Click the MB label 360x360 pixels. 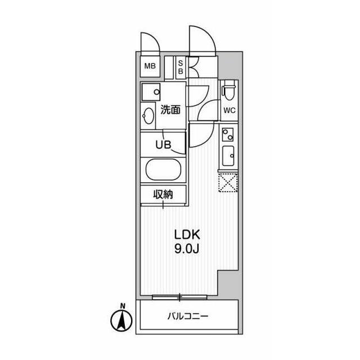150,66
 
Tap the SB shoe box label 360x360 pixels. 181,67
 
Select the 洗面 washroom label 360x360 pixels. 170,110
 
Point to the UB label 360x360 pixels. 163,145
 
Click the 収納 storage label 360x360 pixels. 163,195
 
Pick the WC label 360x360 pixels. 229,111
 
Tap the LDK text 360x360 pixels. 187,235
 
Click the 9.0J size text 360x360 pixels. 187,249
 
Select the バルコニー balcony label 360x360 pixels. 188,317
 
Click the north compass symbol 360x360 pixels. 121,321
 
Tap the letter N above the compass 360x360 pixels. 123,306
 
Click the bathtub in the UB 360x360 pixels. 163,170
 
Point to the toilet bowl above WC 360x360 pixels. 229,90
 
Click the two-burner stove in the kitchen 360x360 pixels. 228,134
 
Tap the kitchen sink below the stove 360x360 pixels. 228,156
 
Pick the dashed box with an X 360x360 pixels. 228,182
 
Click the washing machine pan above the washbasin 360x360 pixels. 151,92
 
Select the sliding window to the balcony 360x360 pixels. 180,297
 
